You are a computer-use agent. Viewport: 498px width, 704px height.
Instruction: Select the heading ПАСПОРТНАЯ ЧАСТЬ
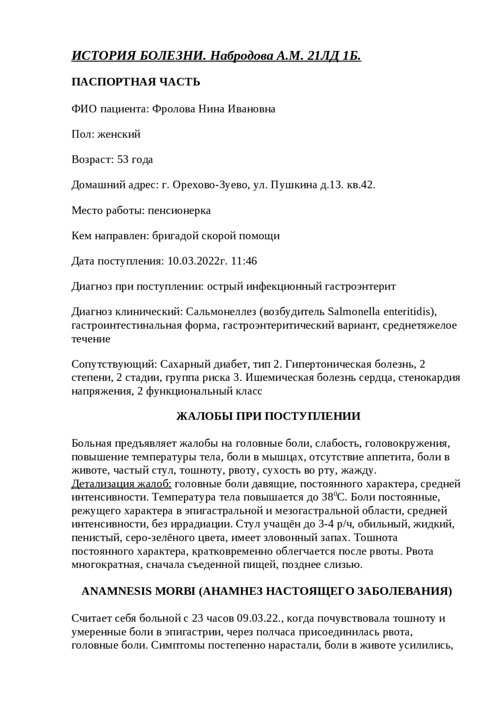[x=136, y=82]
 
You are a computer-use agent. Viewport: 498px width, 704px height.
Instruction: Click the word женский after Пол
[x=119, y=135]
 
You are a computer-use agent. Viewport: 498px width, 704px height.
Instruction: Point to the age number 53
[x=123, y=160]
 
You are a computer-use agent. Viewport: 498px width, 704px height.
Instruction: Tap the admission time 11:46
[x=244, y=261]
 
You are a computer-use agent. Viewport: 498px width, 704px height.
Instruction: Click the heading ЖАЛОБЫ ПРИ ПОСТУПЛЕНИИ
[x=268, y=416]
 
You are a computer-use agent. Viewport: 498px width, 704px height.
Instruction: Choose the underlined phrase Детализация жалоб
[x=121, y=484]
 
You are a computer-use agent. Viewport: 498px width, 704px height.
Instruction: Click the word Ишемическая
[x=279, y=378]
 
